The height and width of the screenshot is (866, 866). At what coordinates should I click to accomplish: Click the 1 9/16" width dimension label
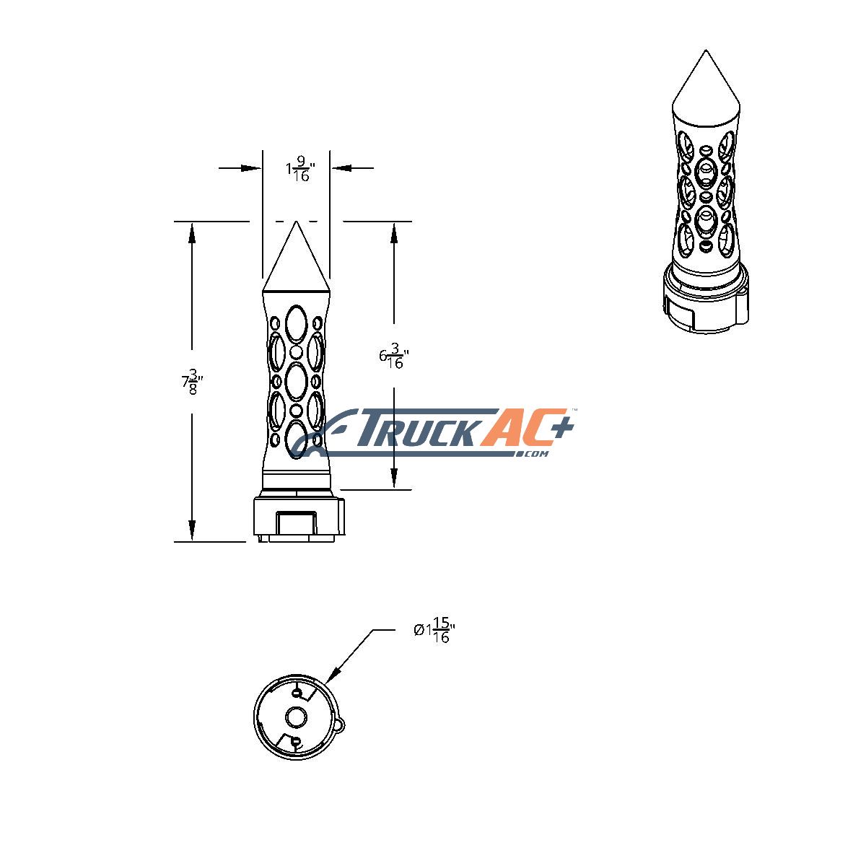click(x=301, y=169)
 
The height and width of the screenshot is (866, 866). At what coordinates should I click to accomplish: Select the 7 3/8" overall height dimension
click(x=193, y=382)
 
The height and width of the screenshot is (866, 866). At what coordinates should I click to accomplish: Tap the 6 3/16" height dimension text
click(x=394, y=356)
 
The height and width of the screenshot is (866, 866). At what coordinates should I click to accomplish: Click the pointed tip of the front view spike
click(x=296, y=221)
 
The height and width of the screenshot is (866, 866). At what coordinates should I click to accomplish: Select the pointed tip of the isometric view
click(x=706, y=51)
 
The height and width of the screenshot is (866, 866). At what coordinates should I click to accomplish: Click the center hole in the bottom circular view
click(x=296, y=717)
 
